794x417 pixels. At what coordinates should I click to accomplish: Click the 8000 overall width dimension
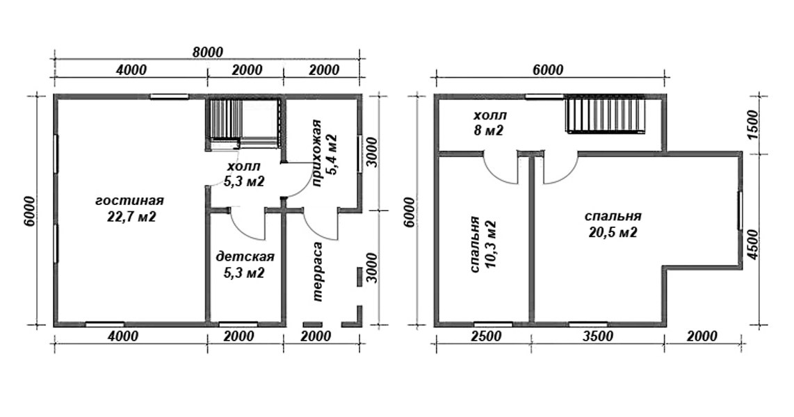pos(208,52)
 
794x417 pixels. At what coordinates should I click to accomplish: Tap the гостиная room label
pos(130,201)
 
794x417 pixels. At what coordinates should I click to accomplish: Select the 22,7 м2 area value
pos(131,218)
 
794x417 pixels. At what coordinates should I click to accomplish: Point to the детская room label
pos(245,256)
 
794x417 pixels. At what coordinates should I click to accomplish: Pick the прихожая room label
pos(317,154)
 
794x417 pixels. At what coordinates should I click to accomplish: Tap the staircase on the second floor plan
pos(606,115)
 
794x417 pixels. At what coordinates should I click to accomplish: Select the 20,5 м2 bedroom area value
pos(613,234)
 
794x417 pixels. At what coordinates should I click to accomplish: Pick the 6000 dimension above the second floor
pos(548,69)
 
